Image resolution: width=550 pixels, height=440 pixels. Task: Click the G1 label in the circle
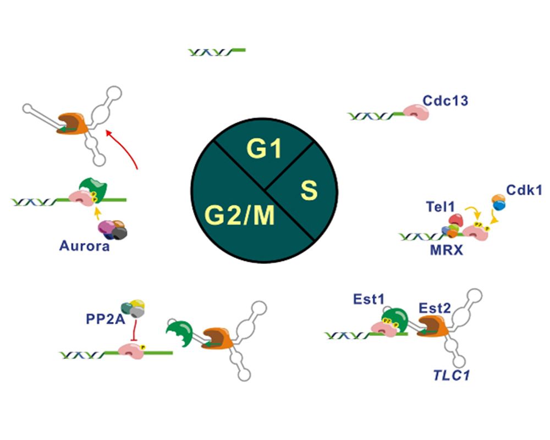coord(264,149)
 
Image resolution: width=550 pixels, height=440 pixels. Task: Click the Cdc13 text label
coord(445,101)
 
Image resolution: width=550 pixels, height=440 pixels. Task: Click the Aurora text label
coord(84,246)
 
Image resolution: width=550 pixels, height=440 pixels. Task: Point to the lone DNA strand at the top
coord(216,52)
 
